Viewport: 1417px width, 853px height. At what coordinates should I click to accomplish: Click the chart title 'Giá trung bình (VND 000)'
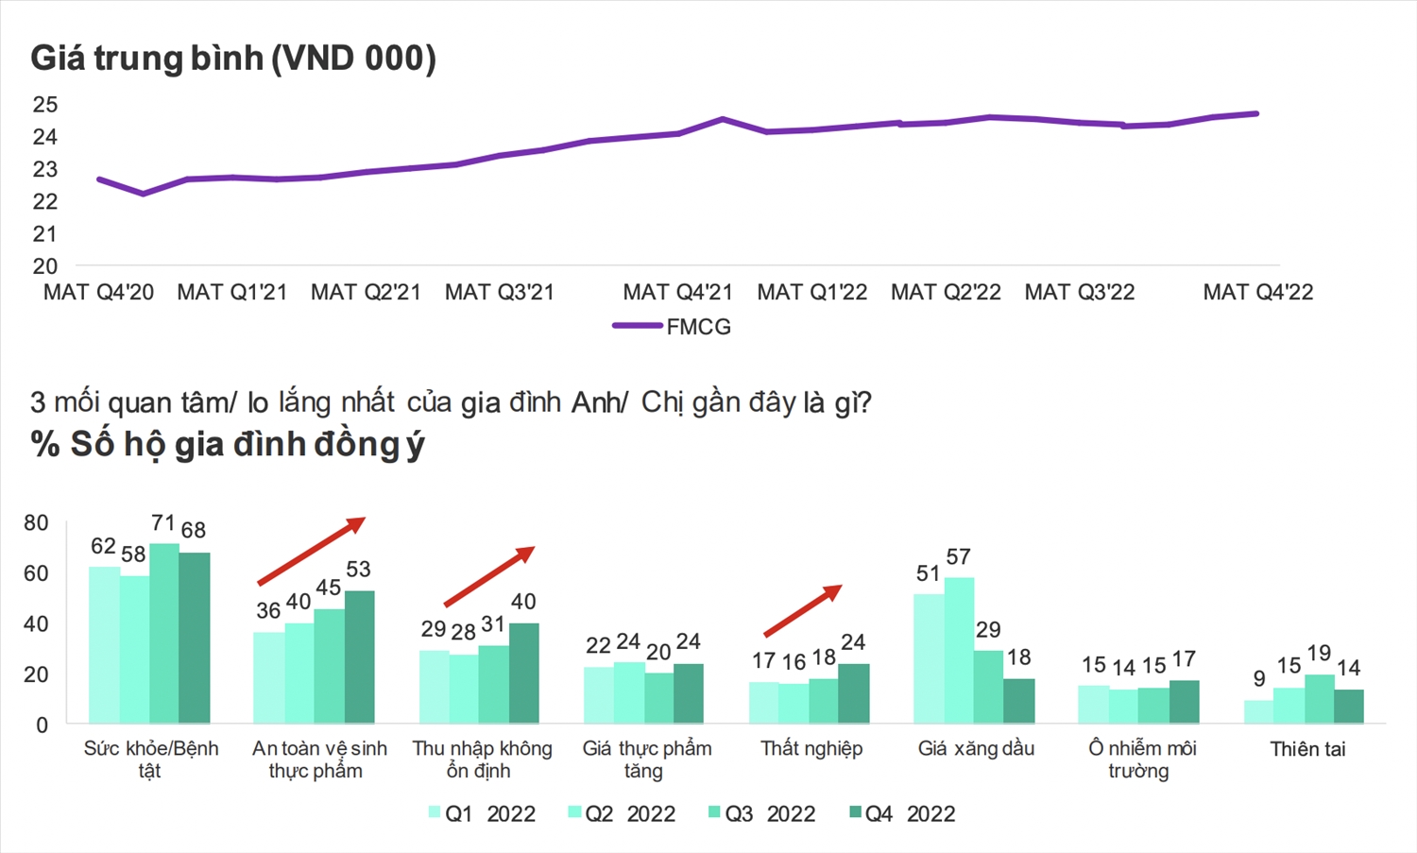pyautogui.click(x=233, y=59)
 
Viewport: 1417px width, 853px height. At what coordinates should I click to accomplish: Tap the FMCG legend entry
pyautogui.click(x=673, y=327)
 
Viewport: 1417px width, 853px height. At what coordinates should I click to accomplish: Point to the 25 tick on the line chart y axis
pyautogui.click(x=45, y=105)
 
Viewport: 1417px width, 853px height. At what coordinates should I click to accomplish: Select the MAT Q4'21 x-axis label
pyautogui.click(x=677, y=293)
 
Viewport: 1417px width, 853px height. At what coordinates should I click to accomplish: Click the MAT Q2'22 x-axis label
pyautogui.click(x=946, y=293)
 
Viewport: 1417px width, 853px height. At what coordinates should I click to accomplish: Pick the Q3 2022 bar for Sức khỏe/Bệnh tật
pyautogui.click(x=164, y=633)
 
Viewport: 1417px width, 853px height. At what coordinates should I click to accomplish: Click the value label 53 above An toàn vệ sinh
pyautogui.click(x=358, y=570)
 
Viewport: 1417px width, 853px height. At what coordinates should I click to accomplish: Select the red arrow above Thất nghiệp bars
pyautogui.click(x=802, y=610)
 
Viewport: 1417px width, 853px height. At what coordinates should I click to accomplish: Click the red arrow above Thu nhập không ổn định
pyautogui.click(x=489, y=576)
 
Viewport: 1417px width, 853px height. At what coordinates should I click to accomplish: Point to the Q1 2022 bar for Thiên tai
pyautogui.click(x=1258, y=711)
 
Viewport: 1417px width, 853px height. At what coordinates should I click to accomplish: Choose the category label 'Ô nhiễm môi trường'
pyautogui.click(x=1141, y=759)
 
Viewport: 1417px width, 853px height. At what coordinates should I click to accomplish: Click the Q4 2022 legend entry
pyautogui.click(x=902, y=814)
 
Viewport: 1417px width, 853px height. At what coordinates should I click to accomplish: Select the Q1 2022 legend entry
pyautogui.click(x=482, y=814)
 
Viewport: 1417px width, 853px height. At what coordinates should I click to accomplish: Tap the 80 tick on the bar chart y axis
pyautogui.click(x=36, y=523)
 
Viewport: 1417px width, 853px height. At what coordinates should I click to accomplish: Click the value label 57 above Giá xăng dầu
pyautogui.click(x=958, y=557)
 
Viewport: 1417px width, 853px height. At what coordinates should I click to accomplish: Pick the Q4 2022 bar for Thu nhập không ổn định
pyautogui.click(x=523, y=673)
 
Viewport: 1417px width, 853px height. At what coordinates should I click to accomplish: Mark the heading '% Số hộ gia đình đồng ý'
pyautogui.click(x=228, y=444)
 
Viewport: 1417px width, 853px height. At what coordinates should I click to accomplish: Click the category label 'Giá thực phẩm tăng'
pyautogui.click(x=646, y=759)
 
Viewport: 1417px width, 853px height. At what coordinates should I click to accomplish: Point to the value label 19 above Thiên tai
pyautogui.click(x=1319, y=654)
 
